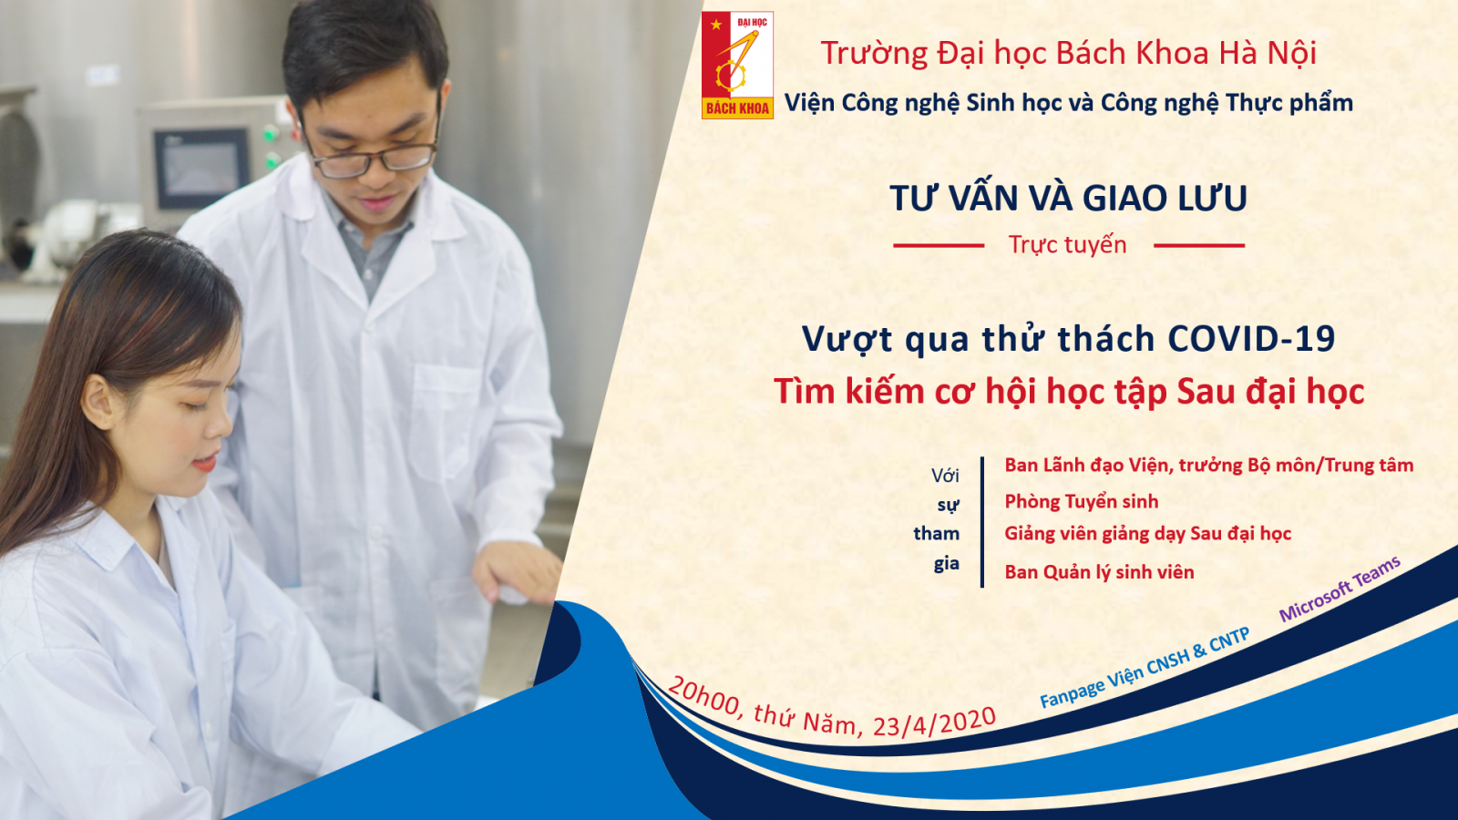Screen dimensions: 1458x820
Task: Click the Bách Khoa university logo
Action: [737, 65]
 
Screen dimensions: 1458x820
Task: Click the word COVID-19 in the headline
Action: [1252, 338]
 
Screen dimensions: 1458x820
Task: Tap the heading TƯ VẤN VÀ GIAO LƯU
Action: [1069, 199]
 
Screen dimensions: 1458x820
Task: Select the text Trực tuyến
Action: [1067, 245]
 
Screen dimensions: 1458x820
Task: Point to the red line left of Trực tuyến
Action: [939, 246]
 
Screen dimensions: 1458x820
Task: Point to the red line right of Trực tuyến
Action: [1199, 246]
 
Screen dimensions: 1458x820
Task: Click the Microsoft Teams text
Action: [1340, 589]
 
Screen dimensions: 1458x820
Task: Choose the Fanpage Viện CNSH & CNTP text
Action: [1145, 668]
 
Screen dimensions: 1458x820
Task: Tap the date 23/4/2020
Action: [935, 723]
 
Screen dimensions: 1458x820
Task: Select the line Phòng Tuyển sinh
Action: [1081, 502]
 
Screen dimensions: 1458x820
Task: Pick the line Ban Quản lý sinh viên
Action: [1099, 572]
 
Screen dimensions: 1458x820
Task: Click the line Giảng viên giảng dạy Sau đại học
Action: [1147, 534]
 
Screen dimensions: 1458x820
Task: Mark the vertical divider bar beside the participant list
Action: [982, 522]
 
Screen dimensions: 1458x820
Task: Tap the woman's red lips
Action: [205, 463]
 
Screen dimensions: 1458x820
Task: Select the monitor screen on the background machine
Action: [200, 168]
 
